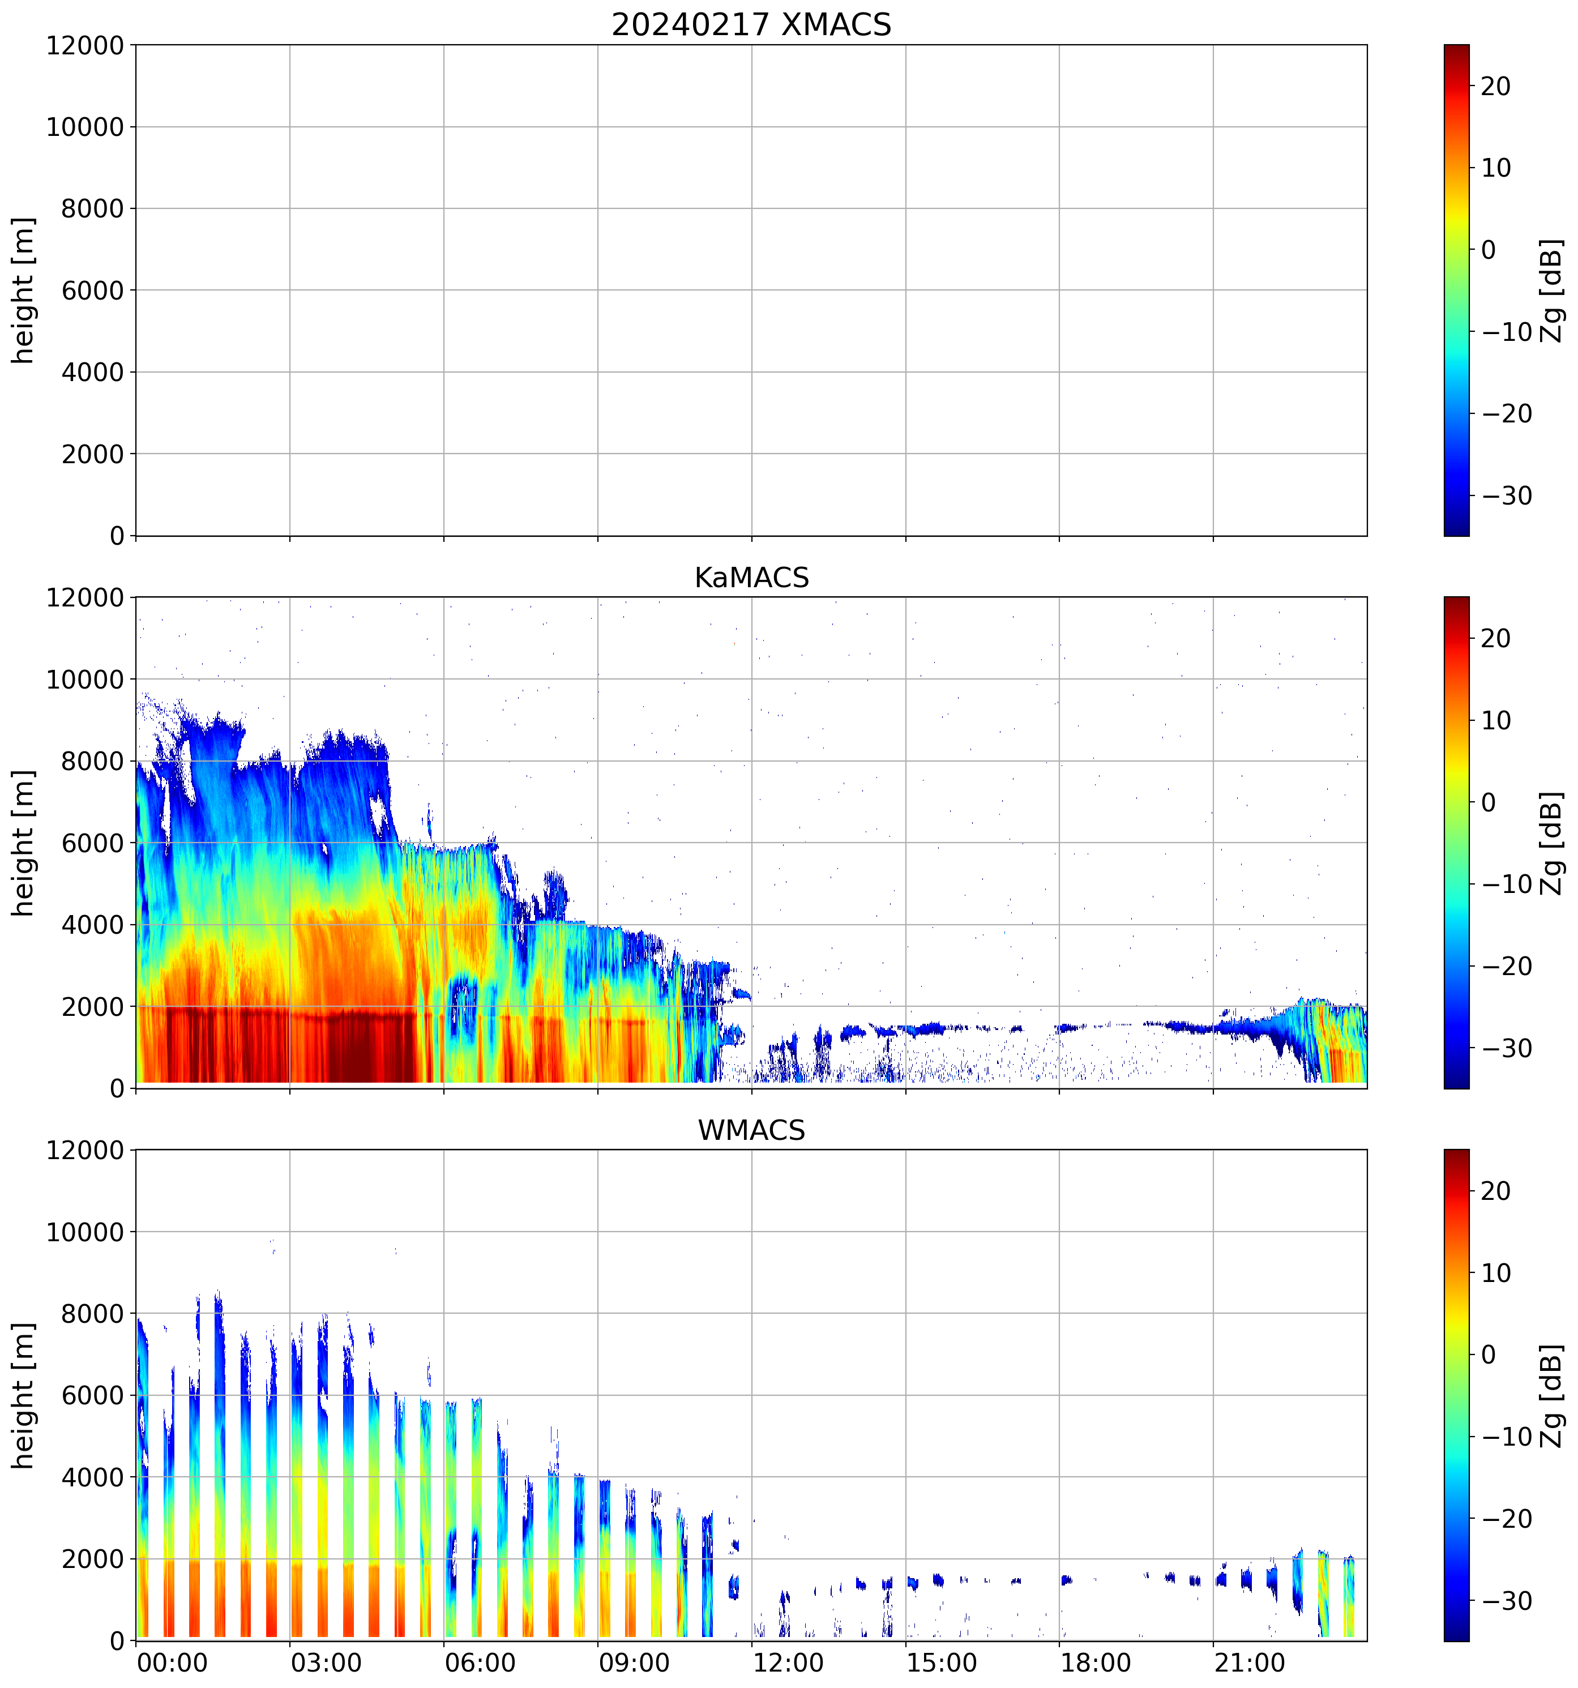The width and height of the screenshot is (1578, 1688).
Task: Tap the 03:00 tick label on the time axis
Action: (326, 1663)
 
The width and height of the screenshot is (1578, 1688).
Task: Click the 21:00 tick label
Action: (1250, 1663)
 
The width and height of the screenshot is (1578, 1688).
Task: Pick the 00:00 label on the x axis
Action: (172, 1663)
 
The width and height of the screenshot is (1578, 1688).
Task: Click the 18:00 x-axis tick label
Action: (1095, 1663)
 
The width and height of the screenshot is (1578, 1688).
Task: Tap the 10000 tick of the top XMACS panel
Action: (85, 127)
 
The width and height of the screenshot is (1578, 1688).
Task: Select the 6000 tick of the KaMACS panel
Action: (92, 843)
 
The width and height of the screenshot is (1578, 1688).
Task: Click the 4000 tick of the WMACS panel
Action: (92, 1477)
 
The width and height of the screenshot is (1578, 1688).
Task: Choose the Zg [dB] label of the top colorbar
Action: (1552, 290)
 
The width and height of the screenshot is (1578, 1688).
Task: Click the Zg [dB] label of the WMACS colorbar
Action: (1552, 1396)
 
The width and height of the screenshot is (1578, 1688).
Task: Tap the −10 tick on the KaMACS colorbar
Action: (1507, 884)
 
